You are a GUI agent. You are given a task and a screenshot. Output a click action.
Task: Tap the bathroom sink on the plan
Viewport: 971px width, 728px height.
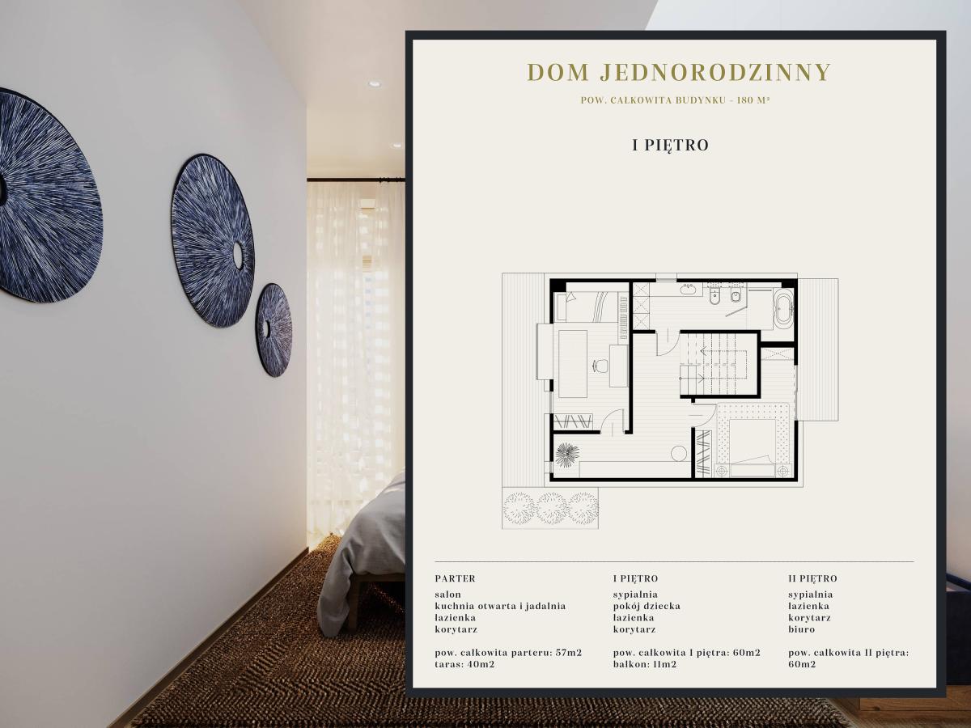pos(687,289)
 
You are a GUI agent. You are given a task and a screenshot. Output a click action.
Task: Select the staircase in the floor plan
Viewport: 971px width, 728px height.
pos(717,363)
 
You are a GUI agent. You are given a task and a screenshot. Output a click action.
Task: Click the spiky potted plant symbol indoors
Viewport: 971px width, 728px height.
pos(566,455)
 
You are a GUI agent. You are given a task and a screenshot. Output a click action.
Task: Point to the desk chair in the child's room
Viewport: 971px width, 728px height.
pos(600,365)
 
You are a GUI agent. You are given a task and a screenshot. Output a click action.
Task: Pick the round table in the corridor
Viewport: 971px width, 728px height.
pos(679,453)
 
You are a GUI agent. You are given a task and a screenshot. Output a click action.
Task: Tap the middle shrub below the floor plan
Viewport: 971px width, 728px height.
pos(551,508)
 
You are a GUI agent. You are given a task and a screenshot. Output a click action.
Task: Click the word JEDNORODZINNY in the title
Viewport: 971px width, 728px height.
pos(715,72)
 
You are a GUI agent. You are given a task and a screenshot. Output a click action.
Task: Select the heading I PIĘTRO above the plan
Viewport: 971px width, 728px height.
pos(670,145)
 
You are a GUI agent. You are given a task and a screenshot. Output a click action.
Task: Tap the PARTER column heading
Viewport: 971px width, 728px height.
pos(455,578)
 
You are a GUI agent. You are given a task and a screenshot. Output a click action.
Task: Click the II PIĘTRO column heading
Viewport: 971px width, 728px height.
pos(812,578)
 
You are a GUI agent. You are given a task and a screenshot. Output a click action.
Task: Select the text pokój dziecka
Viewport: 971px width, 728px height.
pos(647,606)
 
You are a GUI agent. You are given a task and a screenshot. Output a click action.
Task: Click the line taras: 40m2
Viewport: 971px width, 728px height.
pos(464,664)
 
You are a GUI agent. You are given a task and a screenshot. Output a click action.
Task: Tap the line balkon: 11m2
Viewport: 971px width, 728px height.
pos(645,664)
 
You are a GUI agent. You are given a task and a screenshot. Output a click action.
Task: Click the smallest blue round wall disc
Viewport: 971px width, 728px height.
pos(274,330)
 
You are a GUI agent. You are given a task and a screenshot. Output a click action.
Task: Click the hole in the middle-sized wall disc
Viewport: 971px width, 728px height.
pos(239,256)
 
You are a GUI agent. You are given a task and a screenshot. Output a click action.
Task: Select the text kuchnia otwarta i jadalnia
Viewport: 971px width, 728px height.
pos(500,606)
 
